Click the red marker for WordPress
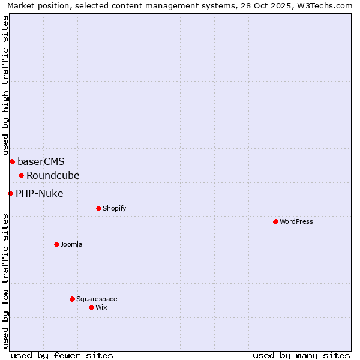click(x=275, y=221)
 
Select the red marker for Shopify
click(x=98, y=208)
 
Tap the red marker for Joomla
click(x=56, y=244)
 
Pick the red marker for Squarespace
click(x=72, y=299)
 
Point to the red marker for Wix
click(x=91, y=307)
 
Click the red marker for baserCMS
click(x=12, y=161)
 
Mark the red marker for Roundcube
click(x=21, y=175)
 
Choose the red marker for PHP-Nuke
click(x=10, y=193)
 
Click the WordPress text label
click(x=296, y=221)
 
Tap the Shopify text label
click(x=114, y=208)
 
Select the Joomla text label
click(x=71, y=244)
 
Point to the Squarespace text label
click(x=97, y=299)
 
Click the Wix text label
click(x=101, y=307)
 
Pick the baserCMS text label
click(x=41, y=161)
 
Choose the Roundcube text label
click(x=53, y=175)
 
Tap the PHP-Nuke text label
click(x=40, y=193)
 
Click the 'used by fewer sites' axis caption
click(x=62, y=355)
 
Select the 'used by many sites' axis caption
click(x=301, y=355)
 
